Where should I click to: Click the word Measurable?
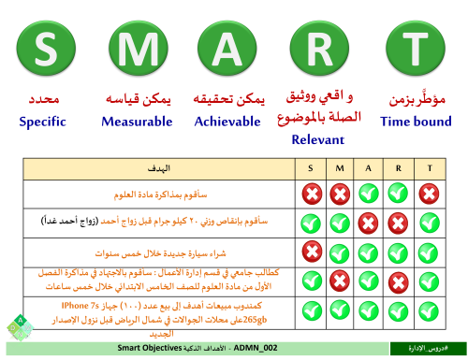(138, 121)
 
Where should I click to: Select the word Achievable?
(227, 121)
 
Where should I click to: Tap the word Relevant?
(318, 139)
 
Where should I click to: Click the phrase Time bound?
(416, 121)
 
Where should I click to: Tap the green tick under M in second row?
(339, 223)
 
